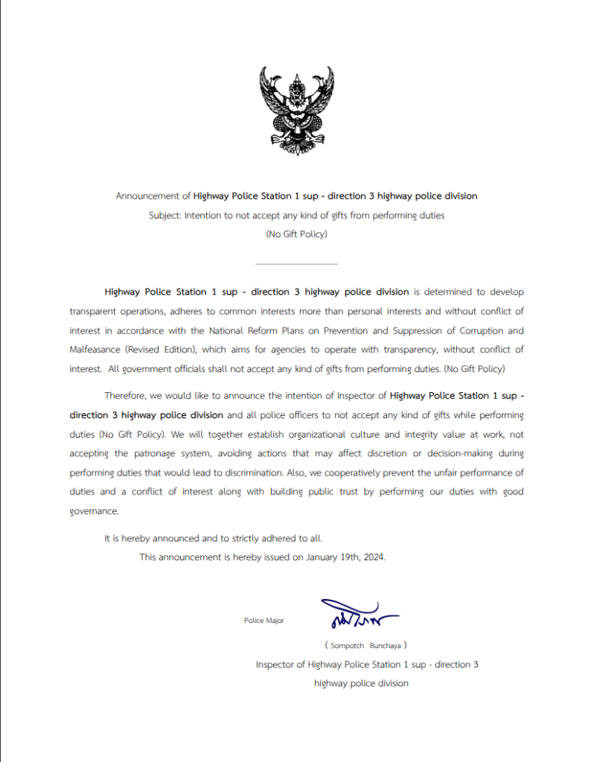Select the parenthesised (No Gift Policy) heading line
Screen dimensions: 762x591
tap(296, 234)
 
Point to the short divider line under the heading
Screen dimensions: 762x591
tap(296, 264)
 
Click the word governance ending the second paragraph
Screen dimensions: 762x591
tap(94, 511)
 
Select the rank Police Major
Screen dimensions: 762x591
tap(263, 621)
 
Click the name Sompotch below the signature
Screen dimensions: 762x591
tap(346, 645)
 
